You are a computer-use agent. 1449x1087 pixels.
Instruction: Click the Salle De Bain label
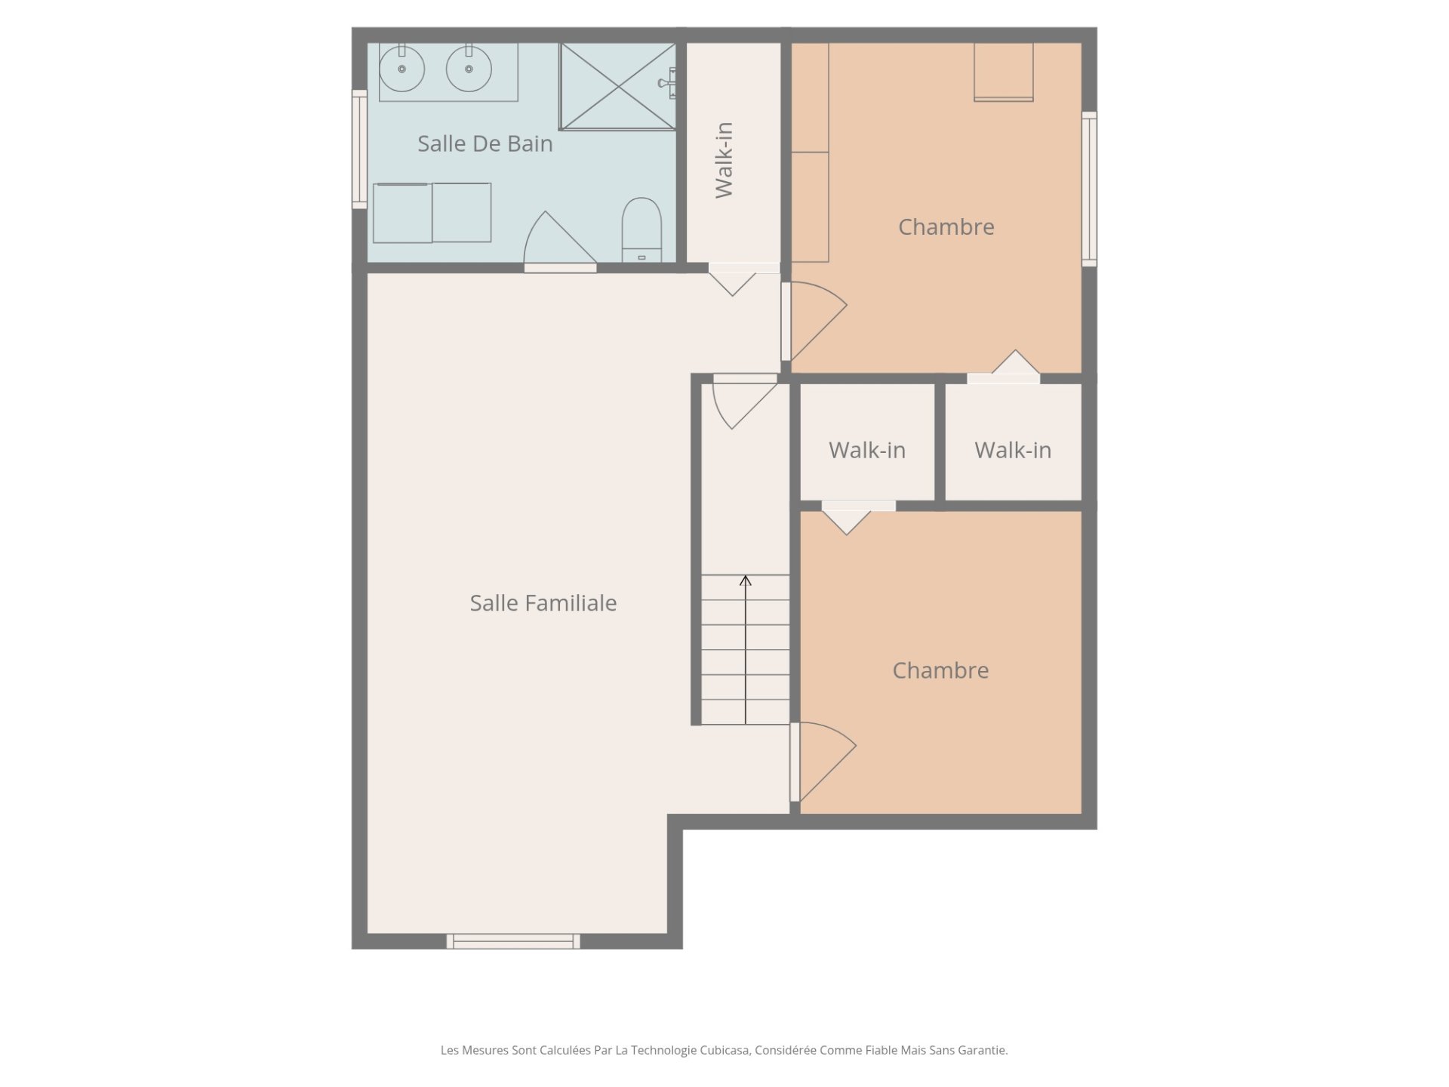[485, 143]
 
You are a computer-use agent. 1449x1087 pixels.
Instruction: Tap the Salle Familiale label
[543, 602]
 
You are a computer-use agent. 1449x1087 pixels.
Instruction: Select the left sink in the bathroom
[401, 68]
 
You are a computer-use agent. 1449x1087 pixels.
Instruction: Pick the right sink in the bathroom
[469, 68]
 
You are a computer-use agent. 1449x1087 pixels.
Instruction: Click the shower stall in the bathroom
[617, 86]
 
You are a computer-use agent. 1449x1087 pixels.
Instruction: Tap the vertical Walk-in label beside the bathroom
[723, 160]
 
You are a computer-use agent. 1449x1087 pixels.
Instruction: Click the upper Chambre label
[946, 226]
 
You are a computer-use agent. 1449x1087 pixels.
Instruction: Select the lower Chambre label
[940, 670]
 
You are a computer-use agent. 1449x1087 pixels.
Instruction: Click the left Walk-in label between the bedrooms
[867, 450]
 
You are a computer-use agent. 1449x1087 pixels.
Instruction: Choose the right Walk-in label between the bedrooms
[1013, 450]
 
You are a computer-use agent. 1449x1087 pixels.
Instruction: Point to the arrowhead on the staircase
[746, 580]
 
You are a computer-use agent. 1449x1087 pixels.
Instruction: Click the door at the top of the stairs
[745, 402]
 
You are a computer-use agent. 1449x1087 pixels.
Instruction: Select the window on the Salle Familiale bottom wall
[513, 941]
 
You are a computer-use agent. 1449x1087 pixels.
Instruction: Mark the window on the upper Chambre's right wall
[1089, 189]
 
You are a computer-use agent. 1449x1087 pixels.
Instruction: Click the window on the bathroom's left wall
[359, 149]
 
